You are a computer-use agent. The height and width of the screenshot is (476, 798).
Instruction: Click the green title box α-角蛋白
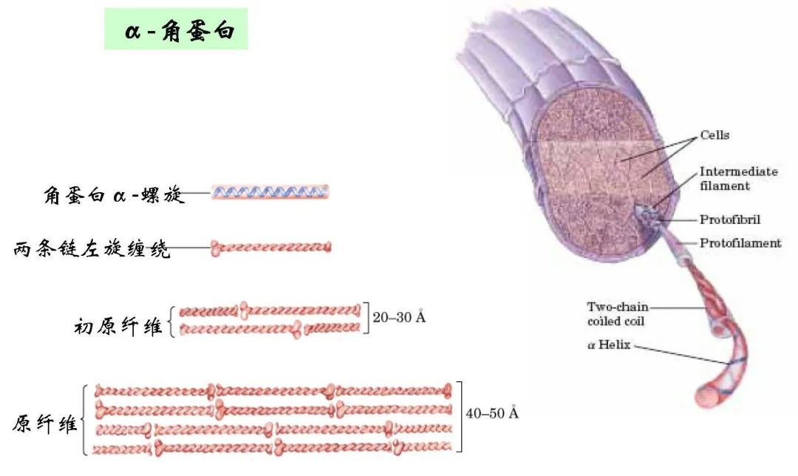[176, 29]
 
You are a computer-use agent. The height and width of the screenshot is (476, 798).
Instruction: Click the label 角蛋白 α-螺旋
[114, 194]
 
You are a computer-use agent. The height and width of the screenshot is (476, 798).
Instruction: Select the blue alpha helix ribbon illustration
[270, 192]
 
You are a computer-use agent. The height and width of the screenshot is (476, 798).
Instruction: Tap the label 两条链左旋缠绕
[91, 249]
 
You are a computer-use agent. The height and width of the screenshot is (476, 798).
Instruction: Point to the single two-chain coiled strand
[270, 248]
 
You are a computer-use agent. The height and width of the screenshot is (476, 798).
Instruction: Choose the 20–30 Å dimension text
[399, 317]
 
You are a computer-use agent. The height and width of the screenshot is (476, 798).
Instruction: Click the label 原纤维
[45, 424]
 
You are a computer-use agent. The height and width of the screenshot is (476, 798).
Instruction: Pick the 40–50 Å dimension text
[492, 413]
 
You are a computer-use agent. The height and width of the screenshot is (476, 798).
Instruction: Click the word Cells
[715, 135]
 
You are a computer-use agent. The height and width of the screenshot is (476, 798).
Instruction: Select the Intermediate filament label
[738, 178]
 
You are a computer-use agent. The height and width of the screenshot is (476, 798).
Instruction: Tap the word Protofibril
[730, 220]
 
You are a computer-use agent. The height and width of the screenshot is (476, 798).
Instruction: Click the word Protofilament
[740, 243]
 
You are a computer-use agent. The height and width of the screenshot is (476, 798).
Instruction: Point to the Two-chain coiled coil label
[617, 313]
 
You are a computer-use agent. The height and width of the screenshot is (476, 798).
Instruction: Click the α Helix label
[609, 344]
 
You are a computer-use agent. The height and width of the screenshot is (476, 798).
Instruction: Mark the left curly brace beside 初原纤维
[172, 322]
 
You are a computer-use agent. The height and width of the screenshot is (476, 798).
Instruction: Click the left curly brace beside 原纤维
[84, 420]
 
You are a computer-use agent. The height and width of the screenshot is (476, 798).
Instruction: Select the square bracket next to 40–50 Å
[459, 416]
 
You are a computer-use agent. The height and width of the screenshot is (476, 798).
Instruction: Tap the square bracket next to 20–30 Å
[366, 318]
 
